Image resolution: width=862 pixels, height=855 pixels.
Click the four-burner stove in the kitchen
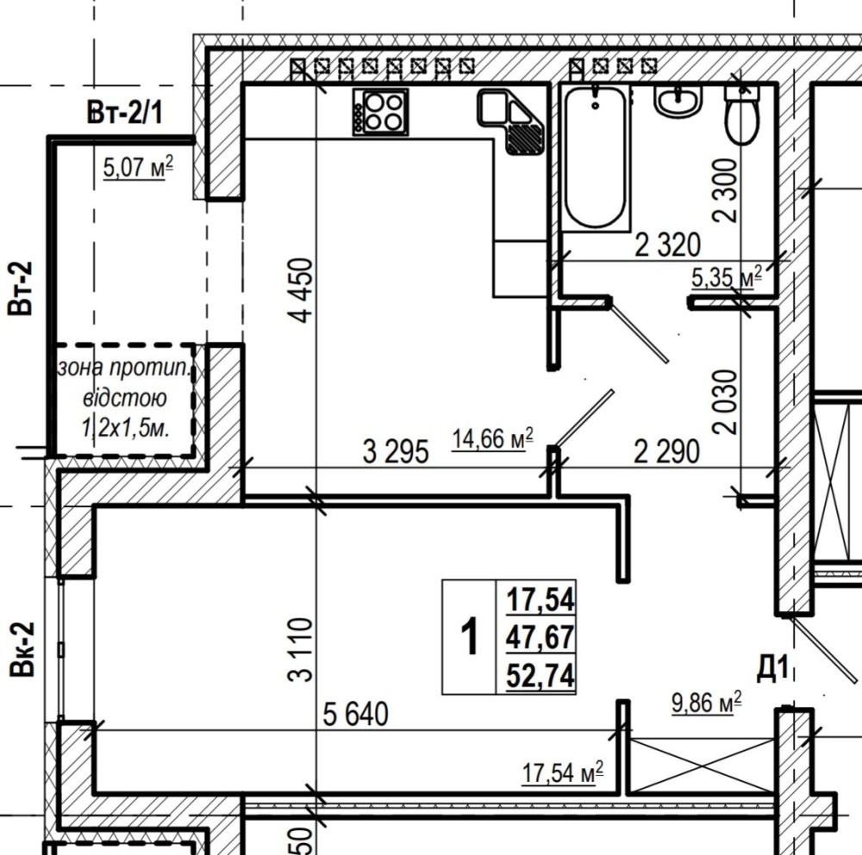pyautogui.click(x=380, y=112)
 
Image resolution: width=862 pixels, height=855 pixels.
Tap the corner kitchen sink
pyautogui.click(x=512, y=121)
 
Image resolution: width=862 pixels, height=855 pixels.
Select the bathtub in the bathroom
pyautogui.click(x=596, y=157)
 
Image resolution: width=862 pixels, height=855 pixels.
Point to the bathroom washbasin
pyautogui.click(x=678, y=101)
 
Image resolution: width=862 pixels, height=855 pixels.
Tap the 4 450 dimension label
pyautogui.click(x=303, y=290)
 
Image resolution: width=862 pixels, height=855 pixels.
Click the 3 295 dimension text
pyautogui.click(x=396, y=453)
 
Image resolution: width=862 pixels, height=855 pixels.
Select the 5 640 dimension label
pyautogui.click(x=355, y=715)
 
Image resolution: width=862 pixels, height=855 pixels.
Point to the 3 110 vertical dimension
pyautogui.click(x=301, y=649)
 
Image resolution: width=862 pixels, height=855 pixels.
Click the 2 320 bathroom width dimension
pyautogui.click(x=668, y=245)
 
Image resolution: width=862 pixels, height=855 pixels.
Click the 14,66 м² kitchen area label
pyautogui.click(x=492, y=439)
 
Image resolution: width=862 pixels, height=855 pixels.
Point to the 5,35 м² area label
pyautogui.click(x=727, y=276)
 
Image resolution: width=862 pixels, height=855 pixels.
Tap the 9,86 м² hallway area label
pyautogui.click(x=707, y=703)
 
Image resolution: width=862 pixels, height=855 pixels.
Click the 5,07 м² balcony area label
pyautogui.click(x=138, y=167)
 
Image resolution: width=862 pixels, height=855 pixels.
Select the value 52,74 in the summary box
pyautogui.click(x=540, y=675)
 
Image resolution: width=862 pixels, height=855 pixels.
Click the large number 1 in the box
pyautogui.click(x=470, y=636)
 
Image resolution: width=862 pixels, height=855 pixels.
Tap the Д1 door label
pyautogui.click(x=773, y=668)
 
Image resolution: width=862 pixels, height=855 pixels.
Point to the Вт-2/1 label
pyautogui.click(x=125, y=113)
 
